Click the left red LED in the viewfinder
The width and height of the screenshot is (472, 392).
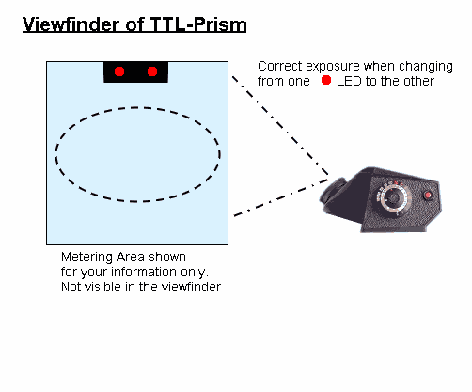(x=119, y=71)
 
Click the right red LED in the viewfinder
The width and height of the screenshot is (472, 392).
(x=152, y=71)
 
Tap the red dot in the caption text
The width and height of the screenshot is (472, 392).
(x=326, y=80)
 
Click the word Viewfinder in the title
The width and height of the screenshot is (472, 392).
(x=71, y=24)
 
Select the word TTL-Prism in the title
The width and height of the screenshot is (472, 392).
(x=198, y=24)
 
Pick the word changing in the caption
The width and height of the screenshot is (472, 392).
(x=426, y=67)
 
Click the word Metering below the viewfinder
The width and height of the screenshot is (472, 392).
(x=87, y=258)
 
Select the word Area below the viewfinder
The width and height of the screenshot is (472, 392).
(x=131, y=258)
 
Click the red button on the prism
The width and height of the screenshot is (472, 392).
(x=428, y=196)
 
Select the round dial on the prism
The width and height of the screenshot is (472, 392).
(x=393, y=198)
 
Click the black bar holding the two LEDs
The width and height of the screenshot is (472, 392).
(x=135, y=72)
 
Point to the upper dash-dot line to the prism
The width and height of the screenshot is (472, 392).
(x=280, y=125)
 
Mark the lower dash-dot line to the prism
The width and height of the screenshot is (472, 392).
(x=281, y=197)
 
